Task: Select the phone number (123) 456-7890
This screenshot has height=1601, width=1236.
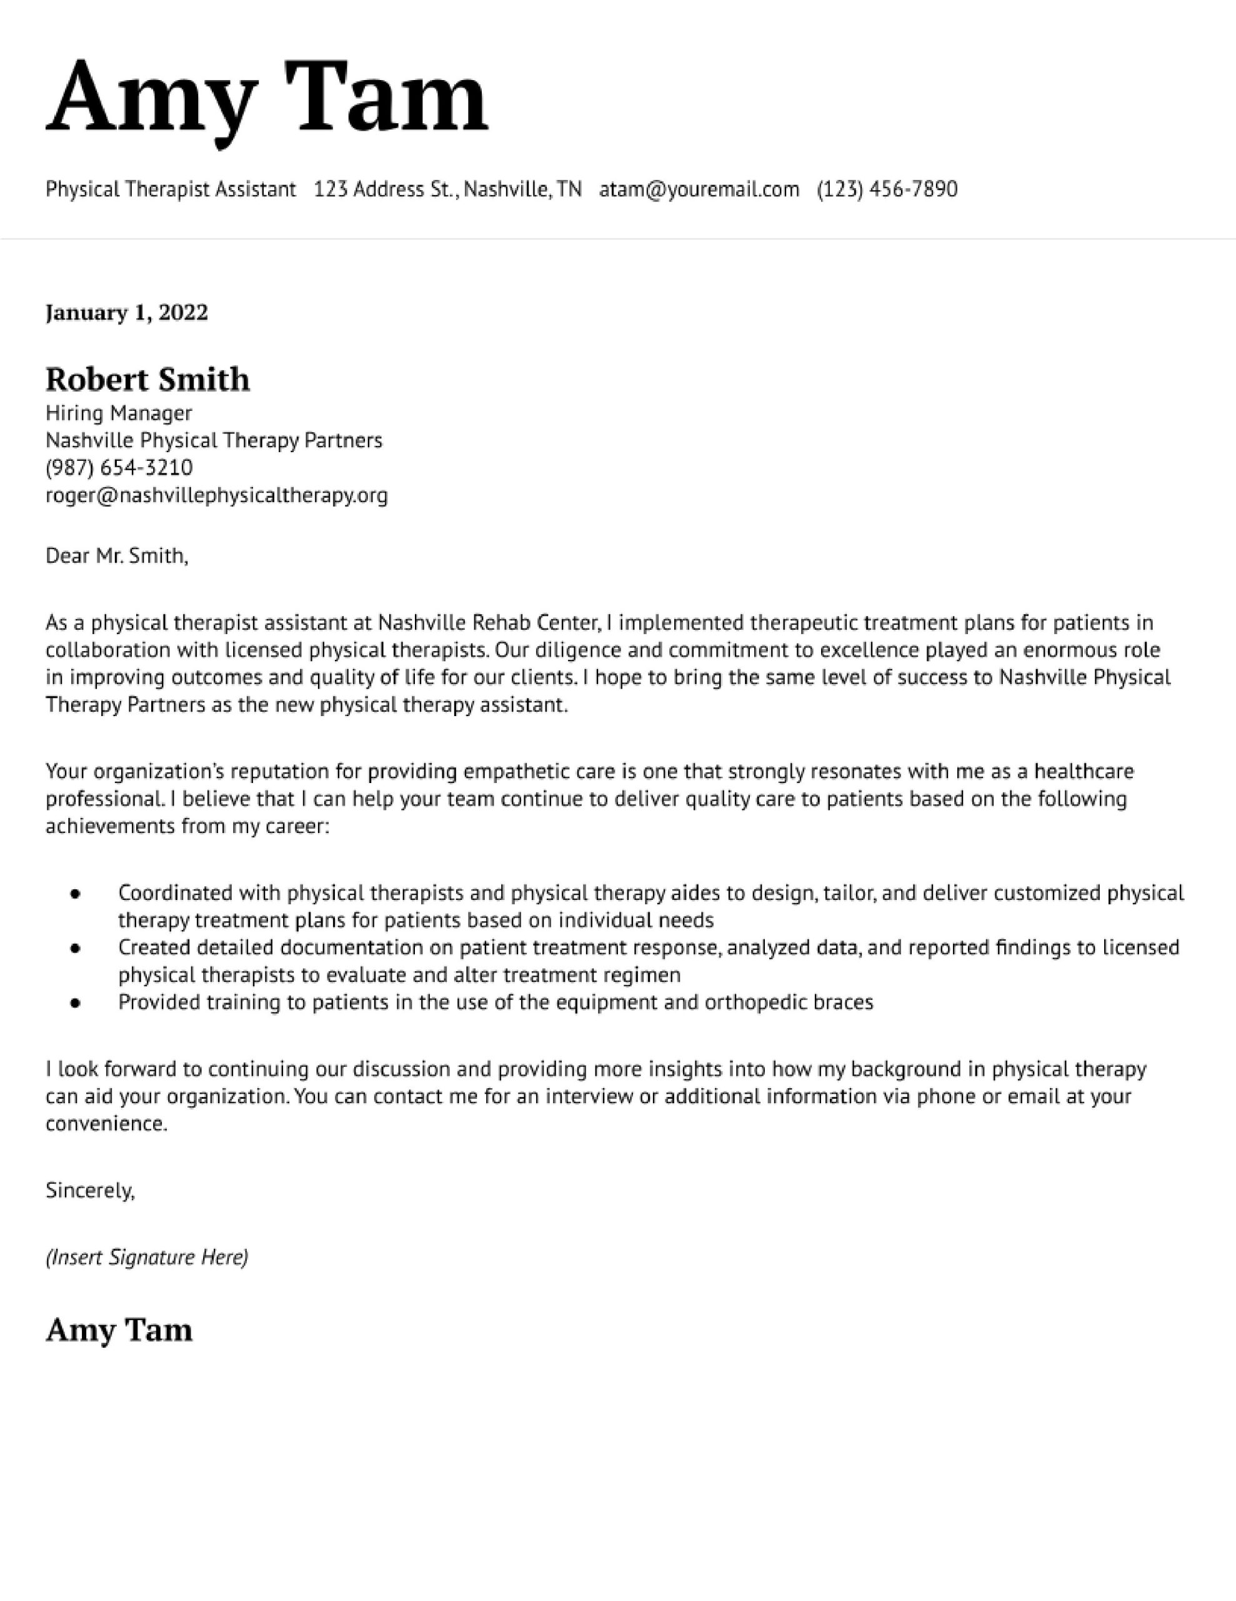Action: tap(887, 190)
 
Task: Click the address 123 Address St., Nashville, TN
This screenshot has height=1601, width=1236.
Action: tap(447, 190)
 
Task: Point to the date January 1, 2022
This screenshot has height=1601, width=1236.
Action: tap(127, 313)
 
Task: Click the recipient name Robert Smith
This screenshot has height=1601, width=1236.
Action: tap(147, 380)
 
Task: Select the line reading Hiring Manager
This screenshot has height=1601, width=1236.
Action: tap(119, 413)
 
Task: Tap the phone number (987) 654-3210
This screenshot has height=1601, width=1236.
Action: tap(119, 468)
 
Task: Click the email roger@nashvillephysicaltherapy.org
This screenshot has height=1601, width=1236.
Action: tap(216, 495)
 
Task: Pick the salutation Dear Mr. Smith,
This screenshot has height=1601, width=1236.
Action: tap(116, 557)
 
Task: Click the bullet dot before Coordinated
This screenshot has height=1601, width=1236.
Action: tap(75, 894)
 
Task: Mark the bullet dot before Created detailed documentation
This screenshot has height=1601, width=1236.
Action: tap(75, 949)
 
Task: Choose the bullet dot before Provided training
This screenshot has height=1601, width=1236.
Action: tap(75, 1003)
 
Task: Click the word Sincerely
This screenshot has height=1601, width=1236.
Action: tap(89, 1191)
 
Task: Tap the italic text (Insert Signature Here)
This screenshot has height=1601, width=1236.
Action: tap(146, 1258)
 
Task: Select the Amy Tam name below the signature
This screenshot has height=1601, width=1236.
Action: tap(119, 1330)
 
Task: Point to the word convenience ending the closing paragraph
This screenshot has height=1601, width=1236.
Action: tap(106, 1124)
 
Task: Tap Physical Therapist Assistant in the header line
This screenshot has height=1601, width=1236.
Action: tap(170, 190)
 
